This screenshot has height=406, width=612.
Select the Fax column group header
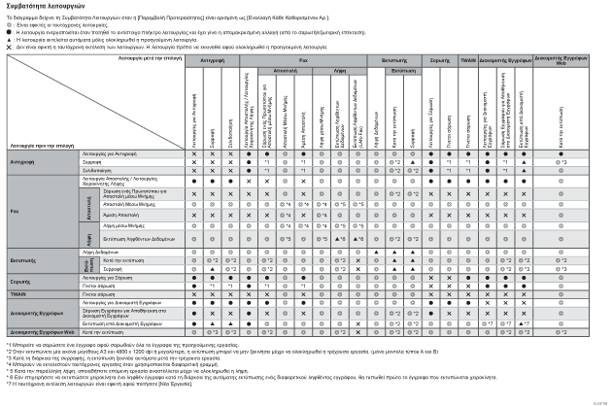click(x=304, y=60)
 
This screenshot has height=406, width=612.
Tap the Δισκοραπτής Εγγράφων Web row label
click(x=37, y=330)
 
